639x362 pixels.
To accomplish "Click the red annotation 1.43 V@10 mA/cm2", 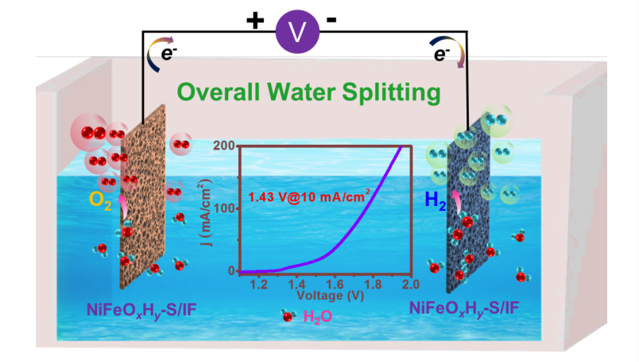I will point(308,197).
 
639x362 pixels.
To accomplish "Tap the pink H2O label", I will point(319,317).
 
